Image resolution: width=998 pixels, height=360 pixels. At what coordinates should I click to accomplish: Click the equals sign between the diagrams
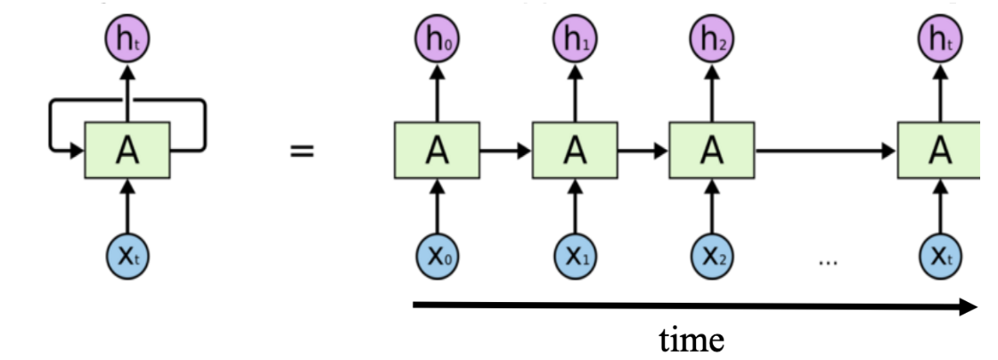(302, 151)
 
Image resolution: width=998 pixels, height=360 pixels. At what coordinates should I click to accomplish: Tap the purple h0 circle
(437, 39)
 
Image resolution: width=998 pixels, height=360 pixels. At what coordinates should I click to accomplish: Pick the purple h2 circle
(711, 39)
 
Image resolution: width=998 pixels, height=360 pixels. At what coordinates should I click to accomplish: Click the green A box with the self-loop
(127, 151)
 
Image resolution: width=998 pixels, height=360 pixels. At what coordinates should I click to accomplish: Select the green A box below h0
(437, 151)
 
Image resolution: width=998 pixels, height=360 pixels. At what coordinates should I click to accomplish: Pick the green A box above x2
(711, 151)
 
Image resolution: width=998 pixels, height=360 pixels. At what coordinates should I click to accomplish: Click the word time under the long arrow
(691, 340)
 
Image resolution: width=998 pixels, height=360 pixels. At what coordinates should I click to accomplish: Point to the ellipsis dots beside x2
(828, 261)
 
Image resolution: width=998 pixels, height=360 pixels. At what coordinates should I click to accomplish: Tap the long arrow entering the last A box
(824, 151)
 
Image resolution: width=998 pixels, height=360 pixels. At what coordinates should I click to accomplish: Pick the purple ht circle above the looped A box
(127, 39)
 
